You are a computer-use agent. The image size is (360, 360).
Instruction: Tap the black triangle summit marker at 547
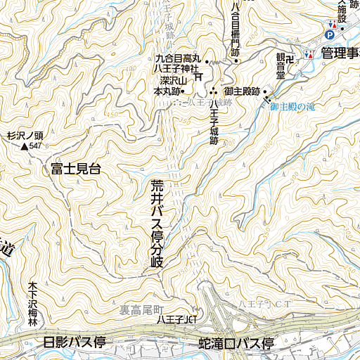(x=25, y=146)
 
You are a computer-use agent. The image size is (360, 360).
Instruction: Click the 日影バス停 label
(x=74, y=343)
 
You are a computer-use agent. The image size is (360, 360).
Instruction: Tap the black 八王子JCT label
(x=175, y=319)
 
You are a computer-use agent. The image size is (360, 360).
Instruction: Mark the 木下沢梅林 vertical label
(x=32, y=304)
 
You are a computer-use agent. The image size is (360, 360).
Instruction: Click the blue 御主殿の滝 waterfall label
(x=294, y=106)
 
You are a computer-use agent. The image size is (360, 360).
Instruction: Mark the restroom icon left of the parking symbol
(x=331, y=23)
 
